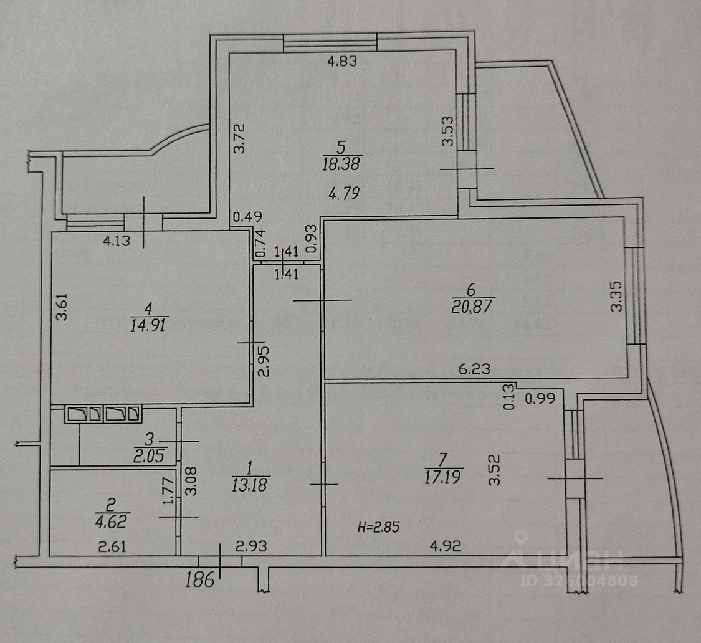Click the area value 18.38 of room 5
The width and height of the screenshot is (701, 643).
point(341,164)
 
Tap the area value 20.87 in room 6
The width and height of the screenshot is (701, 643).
point(472,307)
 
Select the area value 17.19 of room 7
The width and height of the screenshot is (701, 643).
point(442,477)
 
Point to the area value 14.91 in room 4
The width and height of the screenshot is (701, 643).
point(148,325)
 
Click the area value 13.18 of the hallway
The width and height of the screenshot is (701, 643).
point(249,485)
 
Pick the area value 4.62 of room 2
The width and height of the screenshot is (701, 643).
point(112,522)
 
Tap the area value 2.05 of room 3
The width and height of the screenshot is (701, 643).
point(149,456)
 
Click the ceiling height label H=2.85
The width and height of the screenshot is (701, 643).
point(378,527)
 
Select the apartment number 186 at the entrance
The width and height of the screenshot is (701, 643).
point(200,580)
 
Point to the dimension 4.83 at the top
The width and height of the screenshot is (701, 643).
point(343,61)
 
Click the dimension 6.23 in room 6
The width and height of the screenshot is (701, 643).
point(474,369)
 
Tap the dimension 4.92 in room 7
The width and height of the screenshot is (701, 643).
point(446,546)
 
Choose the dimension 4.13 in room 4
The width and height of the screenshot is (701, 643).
point(117,241)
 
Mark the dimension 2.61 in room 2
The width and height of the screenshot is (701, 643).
point(112,546)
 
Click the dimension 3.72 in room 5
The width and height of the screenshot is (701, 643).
point(240,138)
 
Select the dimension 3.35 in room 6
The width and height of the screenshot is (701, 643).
point(616,296)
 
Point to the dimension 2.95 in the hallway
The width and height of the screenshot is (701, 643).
point(264,361)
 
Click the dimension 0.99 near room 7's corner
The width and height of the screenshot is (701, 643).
point(540,398)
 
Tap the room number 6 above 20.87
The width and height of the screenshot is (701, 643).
point(471,290)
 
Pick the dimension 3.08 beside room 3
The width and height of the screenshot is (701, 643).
point(191,481)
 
